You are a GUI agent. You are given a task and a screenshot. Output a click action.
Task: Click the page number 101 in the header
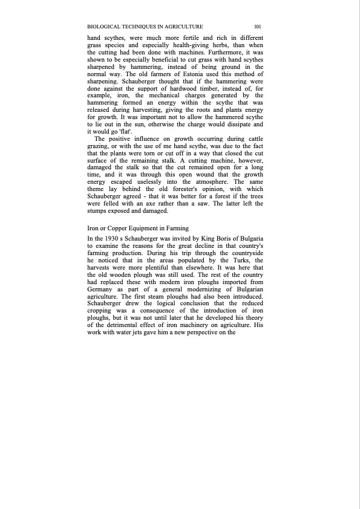(x=257, y=27)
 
